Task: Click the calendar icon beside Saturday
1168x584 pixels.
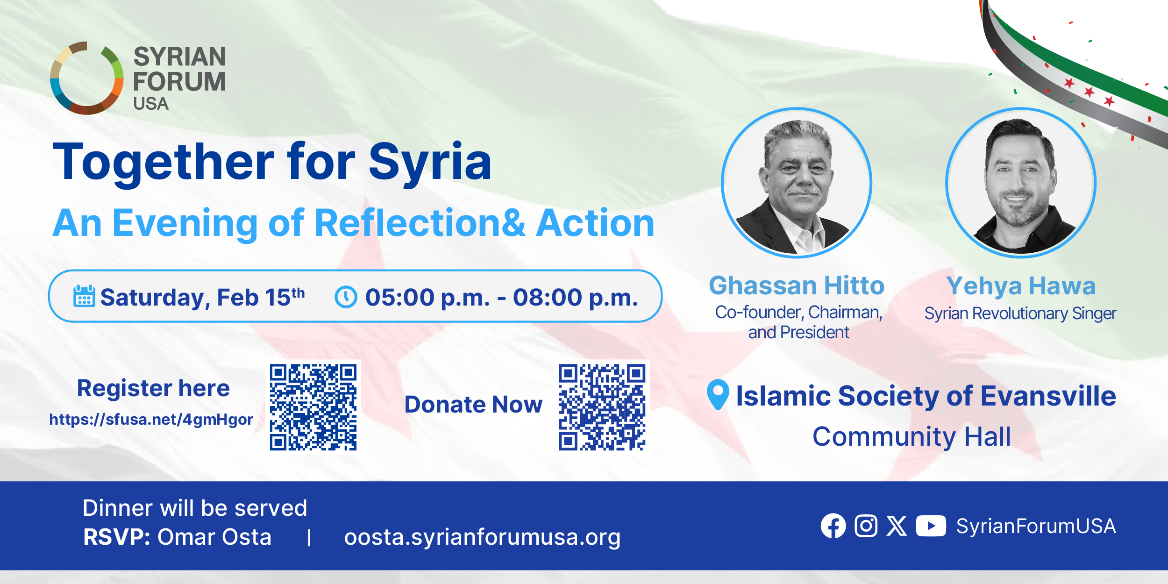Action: click(84, 296)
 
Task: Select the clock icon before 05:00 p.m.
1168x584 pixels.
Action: click(346, 297)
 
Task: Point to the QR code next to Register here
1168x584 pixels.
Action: click(313, 407)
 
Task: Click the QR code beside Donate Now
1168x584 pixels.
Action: click(602, 407)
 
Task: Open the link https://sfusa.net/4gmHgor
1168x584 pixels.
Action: click(151, 420)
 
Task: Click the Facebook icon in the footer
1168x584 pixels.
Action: click(833, 526)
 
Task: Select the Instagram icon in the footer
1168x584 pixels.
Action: click(866, 526)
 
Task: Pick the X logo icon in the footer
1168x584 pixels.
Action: click(897, 526)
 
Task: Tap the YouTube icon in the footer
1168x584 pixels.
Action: click(931, 526)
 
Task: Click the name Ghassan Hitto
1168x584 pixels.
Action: click(797, 285)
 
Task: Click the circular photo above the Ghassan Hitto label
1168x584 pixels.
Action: click(797, 183)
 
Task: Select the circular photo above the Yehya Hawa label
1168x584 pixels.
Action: click(1021, 183)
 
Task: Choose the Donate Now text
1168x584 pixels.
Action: click(473, 405)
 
